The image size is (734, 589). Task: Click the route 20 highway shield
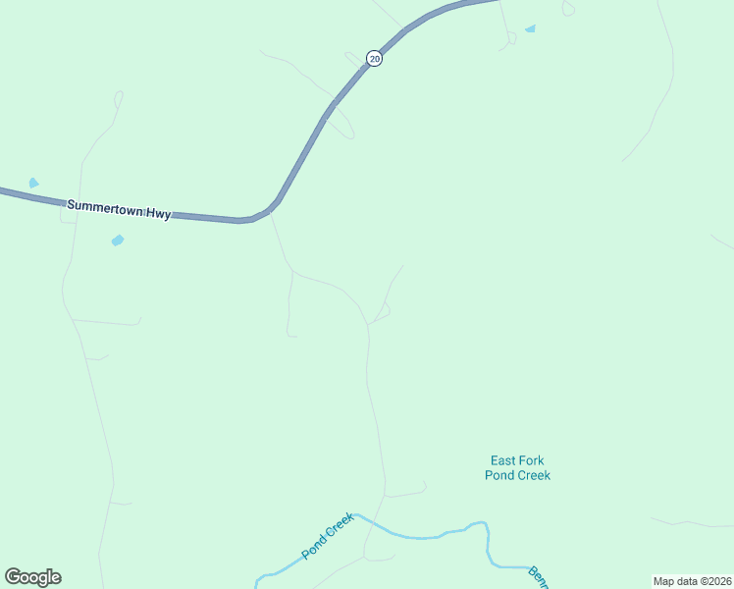(374, 59)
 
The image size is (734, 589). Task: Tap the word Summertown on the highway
(102, 207)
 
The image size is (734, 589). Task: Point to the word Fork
(532, 460)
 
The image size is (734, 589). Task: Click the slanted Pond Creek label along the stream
(327, 536)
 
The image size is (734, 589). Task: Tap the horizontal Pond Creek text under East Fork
(517, 475)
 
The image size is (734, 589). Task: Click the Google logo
(33, 577)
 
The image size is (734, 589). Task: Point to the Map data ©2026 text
(692, 581)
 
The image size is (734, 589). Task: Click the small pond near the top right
(531, 29)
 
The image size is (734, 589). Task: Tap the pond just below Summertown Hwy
(118, 240)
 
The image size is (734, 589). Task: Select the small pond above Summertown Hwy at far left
(33, 183)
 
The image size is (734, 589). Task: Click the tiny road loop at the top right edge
(568, 9)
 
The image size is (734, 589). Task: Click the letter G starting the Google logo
(14, 577)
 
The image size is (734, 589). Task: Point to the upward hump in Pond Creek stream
(478, 525)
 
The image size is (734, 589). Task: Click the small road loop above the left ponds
(119, 98)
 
